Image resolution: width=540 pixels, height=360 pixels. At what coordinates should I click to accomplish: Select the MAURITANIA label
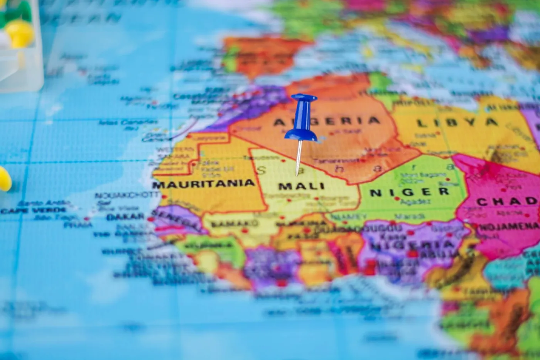[x=203, y=184]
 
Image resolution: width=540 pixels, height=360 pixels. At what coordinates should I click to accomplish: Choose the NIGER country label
[x=410, y=192]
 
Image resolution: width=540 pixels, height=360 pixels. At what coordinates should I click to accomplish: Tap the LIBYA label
[x=457, y=123]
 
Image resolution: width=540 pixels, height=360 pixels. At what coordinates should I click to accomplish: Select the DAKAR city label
[x=125, y=217]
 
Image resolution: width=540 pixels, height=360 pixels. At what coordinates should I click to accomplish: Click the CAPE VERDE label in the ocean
[x=33, y=210]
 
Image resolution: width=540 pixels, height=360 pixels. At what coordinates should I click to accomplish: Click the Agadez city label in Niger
[x=415, y=202]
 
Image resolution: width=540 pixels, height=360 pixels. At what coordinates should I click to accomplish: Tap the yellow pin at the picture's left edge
[x=4, y=179]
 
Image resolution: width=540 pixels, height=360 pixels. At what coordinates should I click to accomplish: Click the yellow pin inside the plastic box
[x=19, y=33]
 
